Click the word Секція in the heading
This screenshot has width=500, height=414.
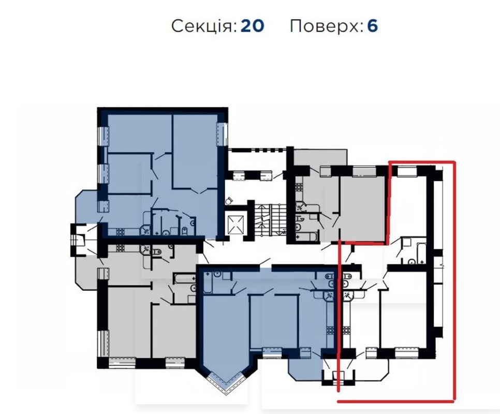pos(204,26)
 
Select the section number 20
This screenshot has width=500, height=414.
pos(252,26)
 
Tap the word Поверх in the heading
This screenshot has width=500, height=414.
pos(327,26)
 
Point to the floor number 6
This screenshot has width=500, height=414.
pos(373,26)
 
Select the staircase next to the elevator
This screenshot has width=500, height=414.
pos(267,220)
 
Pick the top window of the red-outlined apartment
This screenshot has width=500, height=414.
pos(407,171)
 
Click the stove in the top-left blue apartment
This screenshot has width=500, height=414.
pos(120,232)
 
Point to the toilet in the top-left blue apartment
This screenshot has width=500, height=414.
pos(184,231)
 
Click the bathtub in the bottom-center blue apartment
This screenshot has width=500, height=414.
pos(208,283)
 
